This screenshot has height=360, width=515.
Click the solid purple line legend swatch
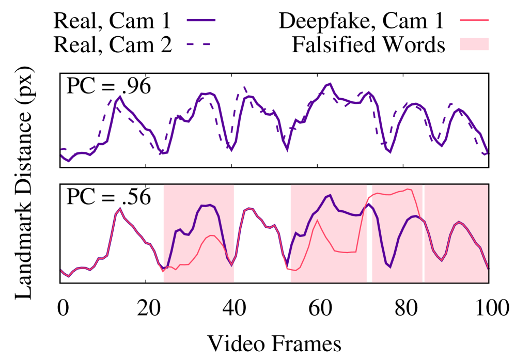201,20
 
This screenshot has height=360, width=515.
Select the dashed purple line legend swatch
199,44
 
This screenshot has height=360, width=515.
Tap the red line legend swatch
474,21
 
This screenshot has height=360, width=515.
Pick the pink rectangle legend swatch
474,44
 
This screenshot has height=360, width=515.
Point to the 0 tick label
63,192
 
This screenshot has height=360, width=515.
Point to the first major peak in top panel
120,97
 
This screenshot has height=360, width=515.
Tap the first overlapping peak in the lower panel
120,209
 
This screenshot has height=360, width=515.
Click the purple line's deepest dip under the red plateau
390,267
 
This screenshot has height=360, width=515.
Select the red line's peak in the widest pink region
317,221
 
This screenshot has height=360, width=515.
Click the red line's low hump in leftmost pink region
211,236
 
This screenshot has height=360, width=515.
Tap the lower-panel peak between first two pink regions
250,209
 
